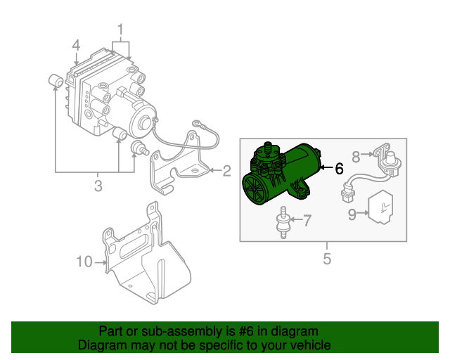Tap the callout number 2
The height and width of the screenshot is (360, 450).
pyautogui.click(x=226, y=170)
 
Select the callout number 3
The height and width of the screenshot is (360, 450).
pyautogui.click(x=98, y=186)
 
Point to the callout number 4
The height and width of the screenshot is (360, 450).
pyautogui.click(x=76, y=46)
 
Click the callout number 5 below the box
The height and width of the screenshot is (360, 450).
pyautogui.click(x=326, y=259)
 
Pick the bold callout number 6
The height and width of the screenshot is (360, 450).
pyautogui.click(x=339, y=169)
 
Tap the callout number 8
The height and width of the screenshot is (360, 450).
pyautogui.click(x=356, y=155)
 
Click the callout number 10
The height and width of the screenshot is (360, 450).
pyautogui.click(x=84, y=262)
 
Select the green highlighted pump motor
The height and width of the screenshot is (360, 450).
pyautogui.click(x=281, y=176)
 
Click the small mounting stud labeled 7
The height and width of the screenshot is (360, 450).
pyautogui.click(x=284, y=222)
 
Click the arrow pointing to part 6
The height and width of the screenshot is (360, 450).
pyautogui.click(x=326, y=169)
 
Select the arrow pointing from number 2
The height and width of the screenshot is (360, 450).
pyautogui.click(x=214, y=170)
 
